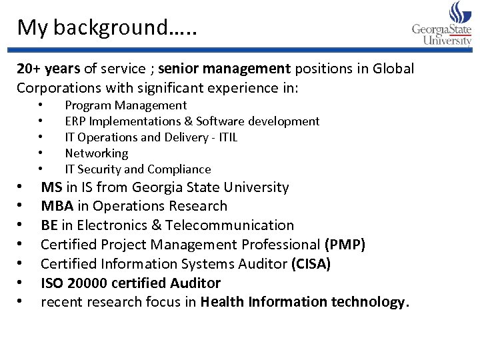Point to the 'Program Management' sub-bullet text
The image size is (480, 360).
(x=125, y=105)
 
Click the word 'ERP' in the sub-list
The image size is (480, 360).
(x=75, y=121)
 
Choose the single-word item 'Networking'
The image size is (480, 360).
(x=96, y=153)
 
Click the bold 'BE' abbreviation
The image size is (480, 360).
(x=49, y=225)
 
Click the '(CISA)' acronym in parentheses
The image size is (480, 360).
(x=311, y=264)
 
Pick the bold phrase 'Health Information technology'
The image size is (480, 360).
(x=303, y=302)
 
